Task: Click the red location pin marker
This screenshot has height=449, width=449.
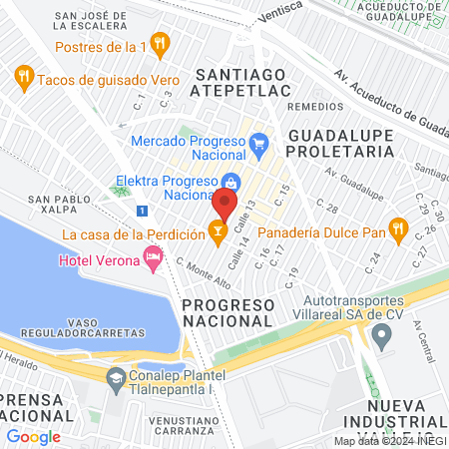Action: [224, 205]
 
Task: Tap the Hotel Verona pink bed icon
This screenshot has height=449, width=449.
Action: [153, 259]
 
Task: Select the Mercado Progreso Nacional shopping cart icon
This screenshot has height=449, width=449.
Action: [259, 143]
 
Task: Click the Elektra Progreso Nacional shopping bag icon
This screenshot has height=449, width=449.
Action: [230, 182]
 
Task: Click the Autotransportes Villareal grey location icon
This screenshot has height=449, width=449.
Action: [380, 337]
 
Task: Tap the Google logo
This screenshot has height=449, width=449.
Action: [33, 436]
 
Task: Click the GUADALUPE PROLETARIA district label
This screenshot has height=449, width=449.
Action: [340, 142]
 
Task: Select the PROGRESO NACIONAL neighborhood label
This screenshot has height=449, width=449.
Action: [227, 312]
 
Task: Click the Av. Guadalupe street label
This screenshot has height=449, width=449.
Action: [350, 179]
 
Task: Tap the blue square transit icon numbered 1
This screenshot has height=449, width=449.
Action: [144, 211]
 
